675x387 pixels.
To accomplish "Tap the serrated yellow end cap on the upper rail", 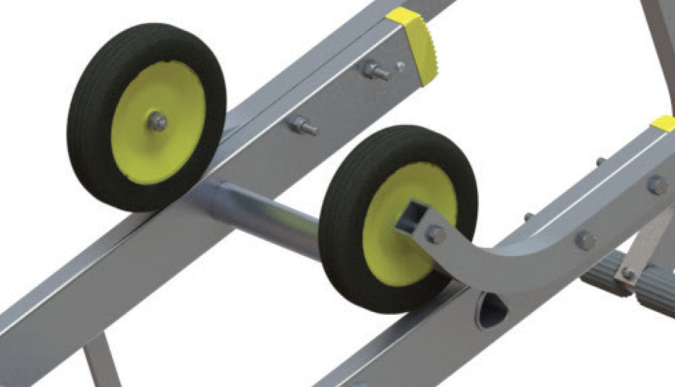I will [415, 44].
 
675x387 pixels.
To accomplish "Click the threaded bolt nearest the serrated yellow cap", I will [376, 70].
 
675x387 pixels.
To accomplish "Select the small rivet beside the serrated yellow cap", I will [400, 66].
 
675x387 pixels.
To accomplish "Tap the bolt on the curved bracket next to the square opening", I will [436, 234].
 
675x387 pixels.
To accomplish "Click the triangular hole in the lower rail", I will [491, 311].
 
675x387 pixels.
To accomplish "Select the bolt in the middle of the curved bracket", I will [585, 240].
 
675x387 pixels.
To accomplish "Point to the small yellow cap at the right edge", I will [664, 124].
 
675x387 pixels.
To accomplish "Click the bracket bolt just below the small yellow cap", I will [657, 185].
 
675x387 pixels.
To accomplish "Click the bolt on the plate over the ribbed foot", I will [628, 274].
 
